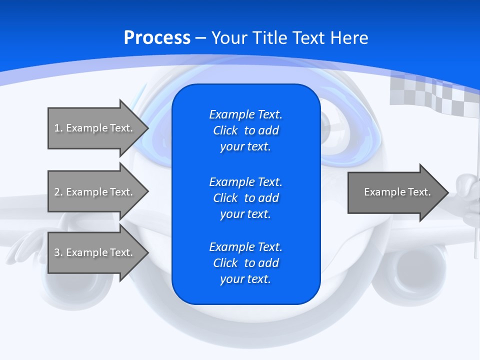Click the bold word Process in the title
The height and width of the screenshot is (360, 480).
point(157,38)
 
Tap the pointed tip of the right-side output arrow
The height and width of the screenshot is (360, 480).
point(447,192)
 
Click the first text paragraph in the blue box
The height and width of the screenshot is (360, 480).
point(245,130)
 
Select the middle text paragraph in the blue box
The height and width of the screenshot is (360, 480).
point(245,198)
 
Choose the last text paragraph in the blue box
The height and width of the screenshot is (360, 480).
point(245,263)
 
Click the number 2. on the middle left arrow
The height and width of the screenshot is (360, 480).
point(58,192)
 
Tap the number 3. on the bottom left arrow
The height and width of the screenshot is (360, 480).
point(58,252)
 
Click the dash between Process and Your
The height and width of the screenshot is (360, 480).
point(200,38)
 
